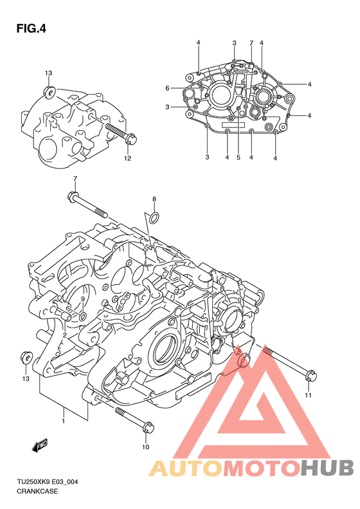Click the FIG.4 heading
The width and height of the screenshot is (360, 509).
(31, 29)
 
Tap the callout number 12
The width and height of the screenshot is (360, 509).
(127, 158)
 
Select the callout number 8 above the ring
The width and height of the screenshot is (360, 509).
(154, 199)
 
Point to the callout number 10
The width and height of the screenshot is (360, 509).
(146, 447)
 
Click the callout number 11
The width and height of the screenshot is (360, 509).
(308, 395)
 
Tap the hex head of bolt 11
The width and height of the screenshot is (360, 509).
(310, 376)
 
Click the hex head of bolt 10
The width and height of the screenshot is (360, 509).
(148, 427)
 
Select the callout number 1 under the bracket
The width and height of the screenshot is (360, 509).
(63, 421)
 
